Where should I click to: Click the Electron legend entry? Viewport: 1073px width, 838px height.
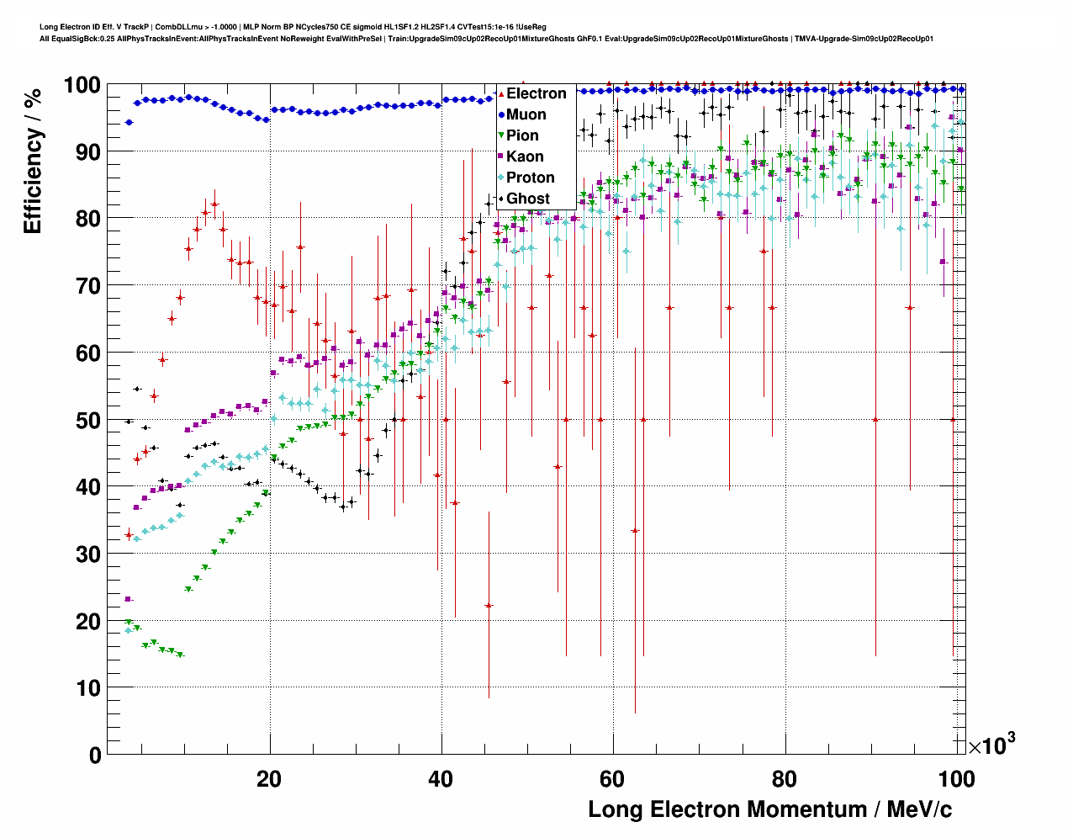(x=536, y=93)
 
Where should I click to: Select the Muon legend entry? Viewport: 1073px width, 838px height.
(x=526, y=114)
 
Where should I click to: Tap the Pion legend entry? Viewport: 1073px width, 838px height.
(x=522, y=135)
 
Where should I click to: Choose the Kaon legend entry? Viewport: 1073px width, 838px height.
(x=525, y=156)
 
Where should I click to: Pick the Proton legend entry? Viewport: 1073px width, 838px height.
(x=530, y=178)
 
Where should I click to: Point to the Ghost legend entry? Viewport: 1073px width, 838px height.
(x=527, y=199)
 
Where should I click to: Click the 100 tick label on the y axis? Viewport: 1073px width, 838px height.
(x=82, y=85)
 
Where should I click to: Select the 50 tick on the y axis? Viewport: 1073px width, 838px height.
(x=88, y=420)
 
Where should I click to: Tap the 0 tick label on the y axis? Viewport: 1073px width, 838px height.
(x=95, y=755)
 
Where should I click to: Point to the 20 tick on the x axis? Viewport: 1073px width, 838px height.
(x=269, y=779)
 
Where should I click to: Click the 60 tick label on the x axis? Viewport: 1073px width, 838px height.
(x=612, y=779)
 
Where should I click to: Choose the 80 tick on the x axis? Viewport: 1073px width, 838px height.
(x=784, y=779)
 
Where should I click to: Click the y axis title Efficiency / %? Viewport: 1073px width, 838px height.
(x=33, y=161)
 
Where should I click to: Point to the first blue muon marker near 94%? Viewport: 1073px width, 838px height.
(x=129, y=122)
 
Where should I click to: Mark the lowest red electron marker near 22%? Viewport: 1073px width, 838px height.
(x=489, y=606)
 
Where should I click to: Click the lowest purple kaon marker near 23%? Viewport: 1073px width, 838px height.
(x=128, y=599)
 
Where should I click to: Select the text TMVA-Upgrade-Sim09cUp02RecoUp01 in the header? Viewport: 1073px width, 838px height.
(x=864, y=39)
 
